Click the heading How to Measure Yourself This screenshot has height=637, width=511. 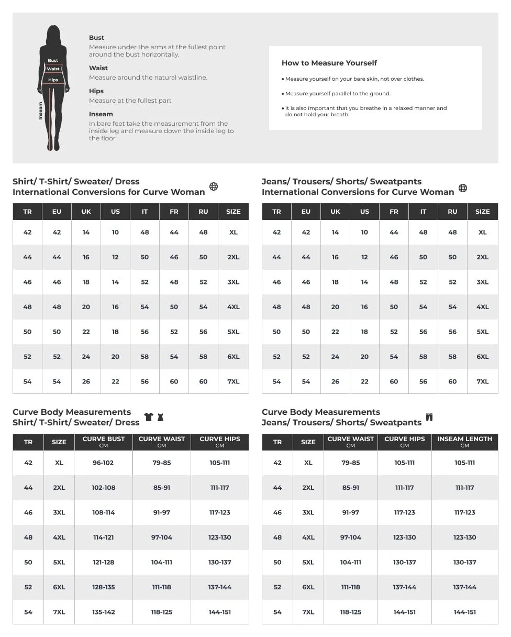(329, 63)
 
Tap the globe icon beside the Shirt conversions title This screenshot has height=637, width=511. (214, 186)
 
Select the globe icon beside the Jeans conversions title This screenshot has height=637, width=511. (463, 188)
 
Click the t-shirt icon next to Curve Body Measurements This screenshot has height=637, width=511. (149, 417)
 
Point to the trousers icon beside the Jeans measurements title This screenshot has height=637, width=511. (429, 417)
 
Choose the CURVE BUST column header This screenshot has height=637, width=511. (104, 442)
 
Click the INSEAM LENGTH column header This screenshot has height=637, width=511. (464, 442)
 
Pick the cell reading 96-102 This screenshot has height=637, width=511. (103, 463)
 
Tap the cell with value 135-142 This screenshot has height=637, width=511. (103, 612)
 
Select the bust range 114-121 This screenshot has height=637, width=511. (103, 537)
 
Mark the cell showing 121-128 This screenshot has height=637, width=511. (103, 562)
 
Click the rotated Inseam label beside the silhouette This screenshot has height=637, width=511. (41, 111)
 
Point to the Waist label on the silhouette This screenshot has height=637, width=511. (53, 69)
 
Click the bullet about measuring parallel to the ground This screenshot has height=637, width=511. (338, 94)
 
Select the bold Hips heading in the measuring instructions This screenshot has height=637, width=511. (96, 91)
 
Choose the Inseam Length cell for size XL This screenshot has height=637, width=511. (464, 463)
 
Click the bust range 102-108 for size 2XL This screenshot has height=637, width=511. (103, 488)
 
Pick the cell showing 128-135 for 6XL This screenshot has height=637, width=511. (103, 587)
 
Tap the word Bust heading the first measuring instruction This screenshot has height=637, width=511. (96, 38)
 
